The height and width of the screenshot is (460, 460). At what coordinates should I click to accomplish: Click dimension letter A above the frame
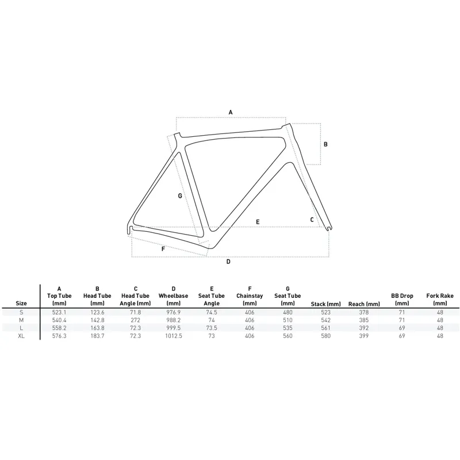pos(231,112)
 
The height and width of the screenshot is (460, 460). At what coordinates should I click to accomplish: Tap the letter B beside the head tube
pos(325,144)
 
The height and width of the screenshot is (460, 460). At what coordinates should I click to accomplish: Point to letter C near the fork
pos(312,220)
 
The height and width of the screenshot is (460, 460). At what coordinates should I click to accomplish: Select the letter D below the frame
pos(228,262)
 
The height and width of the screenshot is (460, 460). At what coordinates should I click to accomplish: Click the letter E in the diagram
pos(258,222)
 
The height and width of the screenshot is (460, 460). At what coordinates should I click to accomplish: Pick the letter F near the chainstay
pos(163,250)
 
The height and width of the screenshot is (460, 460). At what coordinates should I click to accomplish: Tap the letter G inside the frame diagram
pos(180,196)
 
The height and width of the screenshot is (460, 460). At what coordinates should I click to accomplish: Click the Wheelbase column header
pos(174,296)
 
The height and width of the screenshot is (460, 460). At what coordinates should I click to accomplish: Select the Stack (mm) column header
pos(325,304)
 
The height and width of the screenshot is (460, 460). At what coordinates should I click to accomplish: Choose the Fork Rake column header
pos(440,300)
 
